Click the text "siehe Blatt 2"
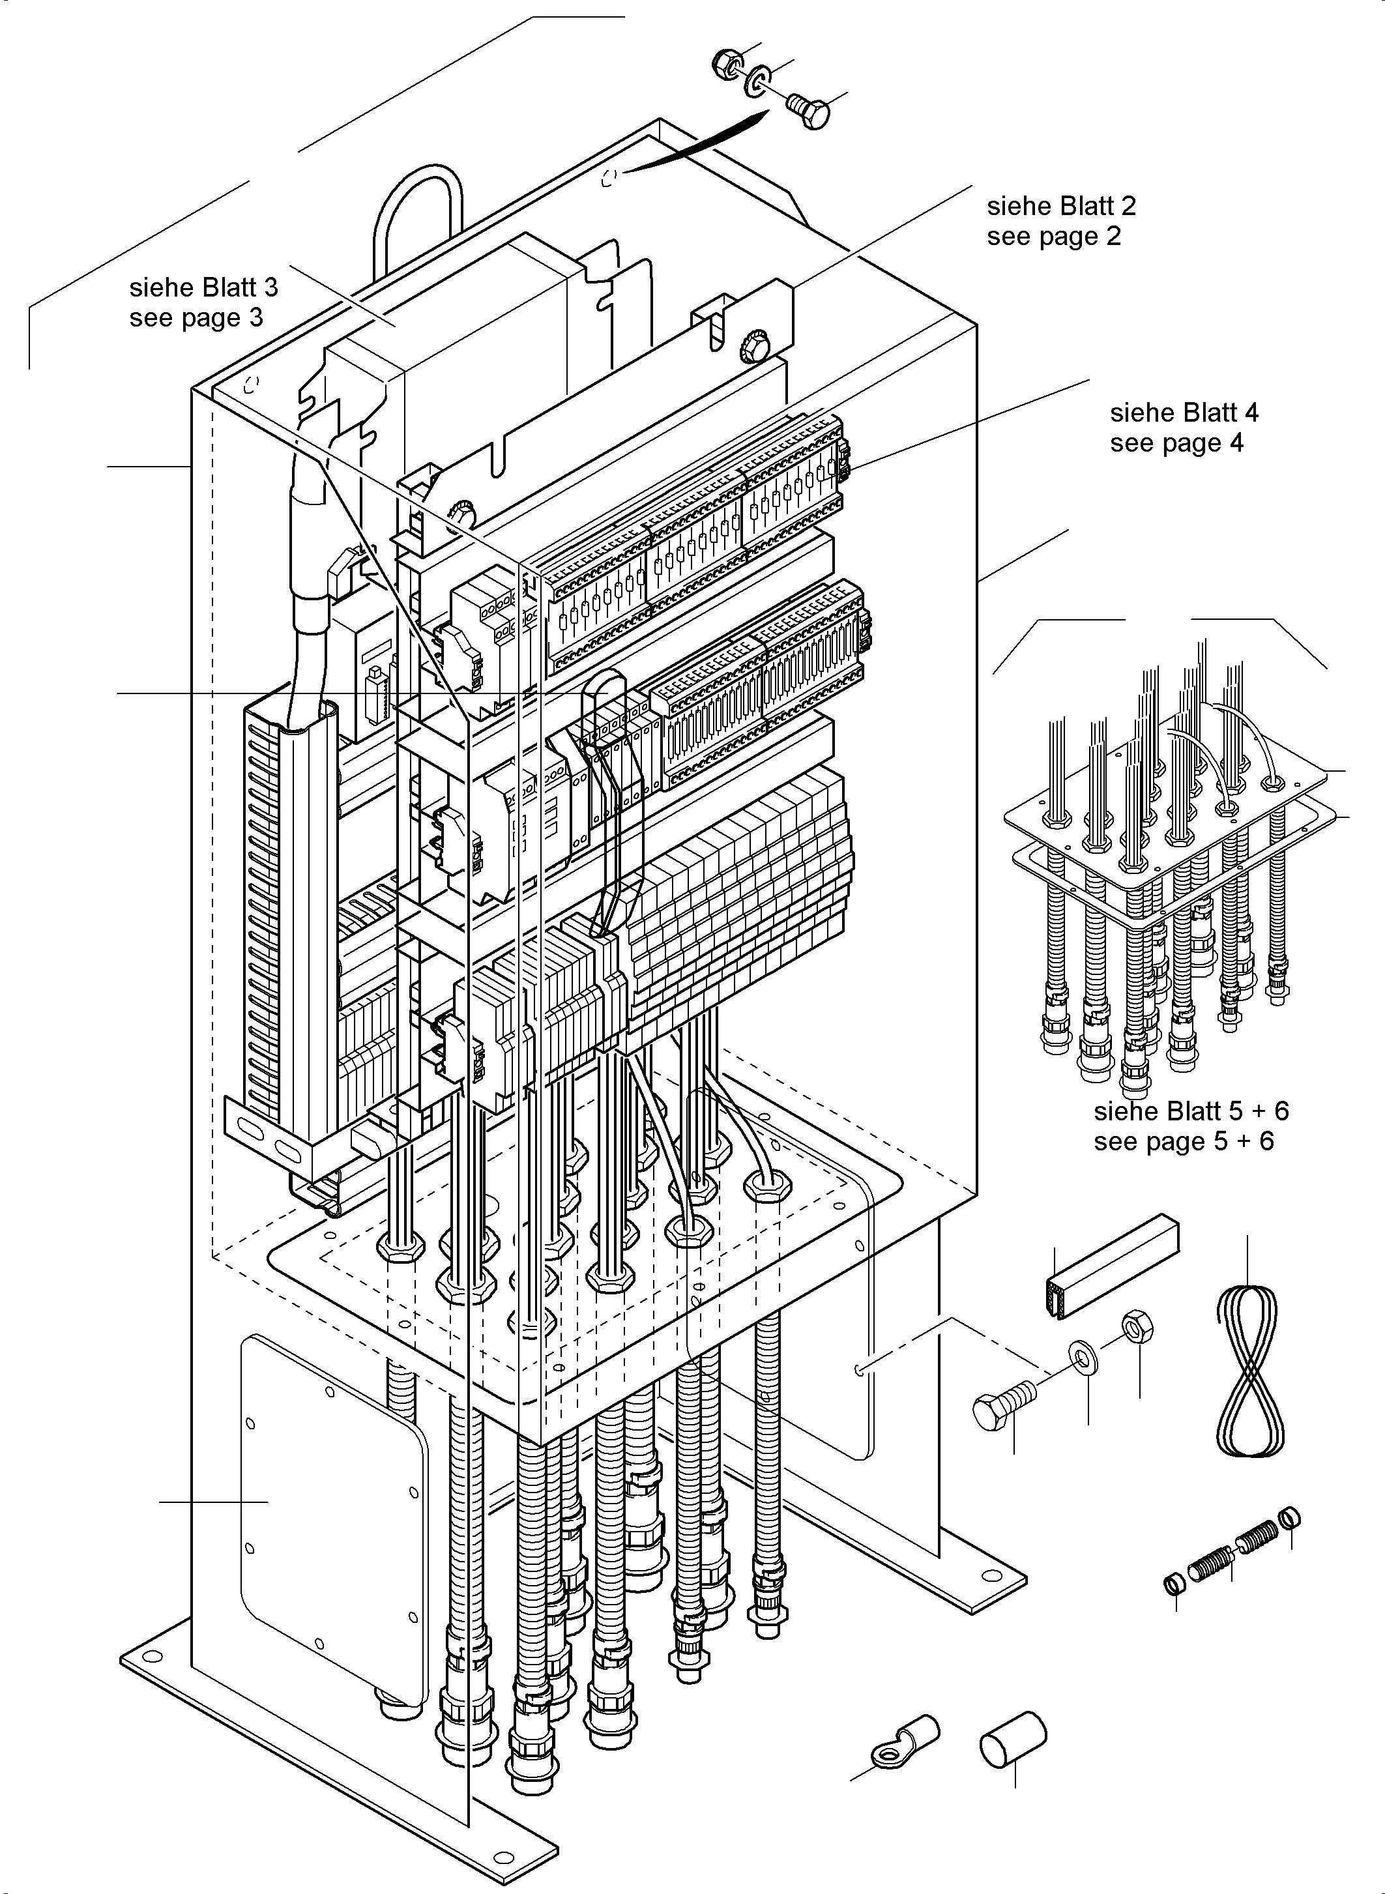coord(1061,206)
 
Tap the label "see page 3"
coord(196,319)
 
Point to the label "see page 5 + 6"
coord(1183,1141)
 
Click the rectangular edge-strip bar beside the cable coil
coord(1113,1268)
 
